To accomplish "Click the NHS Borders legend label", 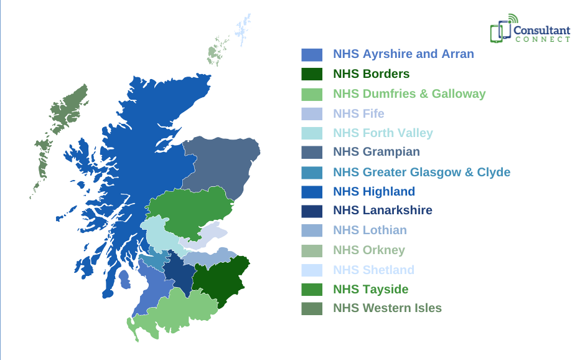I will tap(371, 74).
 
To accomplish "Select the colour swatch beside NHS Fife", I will tap(312, 114).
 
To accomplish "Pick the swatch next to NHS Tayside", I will tap(312, 290).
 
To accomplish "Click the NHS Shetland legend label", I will tap(373, 270).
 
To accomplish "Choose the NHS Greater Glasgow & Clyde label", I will tap(421, 172).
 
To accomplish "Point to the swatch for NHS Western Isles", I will tap(312, 308).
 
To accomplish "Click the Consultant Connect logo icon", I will tap(500, 29).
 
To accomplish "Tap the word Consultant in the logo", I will tap(541, 28).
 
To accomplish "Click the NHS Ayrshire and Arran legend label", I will tap(403, 54).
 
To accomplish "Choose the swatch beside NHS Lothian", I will tap(312, 230).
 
